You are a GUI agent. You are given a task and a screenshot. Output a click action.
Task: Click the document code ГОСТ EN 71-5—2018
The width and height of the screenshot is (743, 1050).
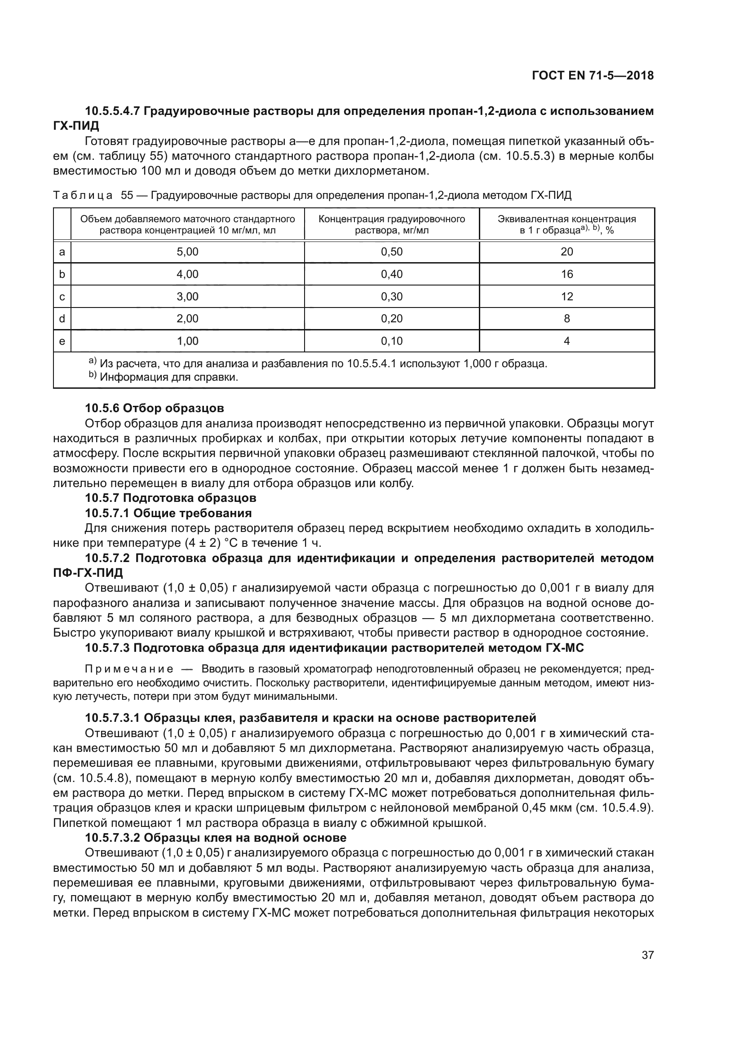[x=593, y=75]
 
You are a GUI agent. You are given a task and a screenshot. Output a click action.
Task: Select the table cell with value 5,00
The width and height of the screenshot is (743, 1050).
[x=188, y=252]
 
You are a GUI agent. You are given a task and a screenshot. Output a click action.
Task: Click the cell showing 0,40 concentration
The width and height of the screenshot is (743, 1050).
[x=392, y=274]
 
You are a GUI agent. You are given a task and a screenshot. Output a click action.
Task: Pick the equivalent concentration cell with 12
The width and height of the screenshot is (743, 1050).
[x=567, y=297]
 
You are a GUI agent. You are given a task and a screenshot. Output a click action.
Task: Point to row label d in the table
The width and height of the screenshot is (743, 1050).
[x=62, y=319]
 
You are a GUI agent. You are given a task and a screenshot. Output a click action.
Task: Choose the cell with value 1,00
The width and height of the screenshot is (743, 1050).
[x=188, y=341]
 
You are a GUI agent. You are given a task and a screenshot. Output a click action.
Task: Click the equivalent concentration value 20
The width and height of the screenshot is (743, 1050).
[x=567, y=252]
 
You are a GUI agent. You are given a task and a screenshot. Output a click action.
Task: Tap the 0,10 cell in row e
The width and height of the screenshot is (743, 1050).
[x=392, y=341]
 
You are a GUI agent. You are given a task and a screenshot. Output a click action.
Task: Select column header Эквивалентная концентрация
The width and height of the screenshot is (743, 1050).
[x=567, y=224]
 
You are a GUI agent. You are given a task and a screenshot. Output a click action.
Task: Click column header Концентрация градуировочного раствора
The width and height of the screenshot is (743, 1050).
[x=392, y=224]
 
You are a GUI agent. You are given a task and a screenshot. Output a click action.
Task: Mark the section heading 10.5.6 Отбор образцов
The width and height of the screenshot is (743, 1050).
[x=155, y=408]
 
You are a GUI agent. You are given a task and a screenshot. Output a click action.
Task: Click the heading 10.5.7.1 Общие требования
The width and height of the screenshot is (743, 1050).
[x=168, y=513]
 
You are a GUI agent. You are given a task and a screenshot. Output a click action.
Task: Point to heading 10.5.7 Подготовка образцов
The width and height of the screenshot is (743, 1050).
[x=170, y=498]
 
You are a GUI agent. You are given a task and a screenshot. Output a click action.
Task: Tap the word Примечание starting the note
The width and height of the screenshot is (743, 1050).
[x=129, y=669]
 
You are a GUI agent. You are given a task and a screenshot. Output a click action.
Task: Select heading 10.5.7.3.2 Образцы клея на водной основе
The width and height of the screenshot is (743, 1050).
[x=216, y=838]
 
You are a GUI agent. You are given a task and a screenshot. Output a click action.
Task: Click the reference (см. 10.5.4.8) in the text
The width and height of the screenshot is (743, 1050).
[x=92, y=778]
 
